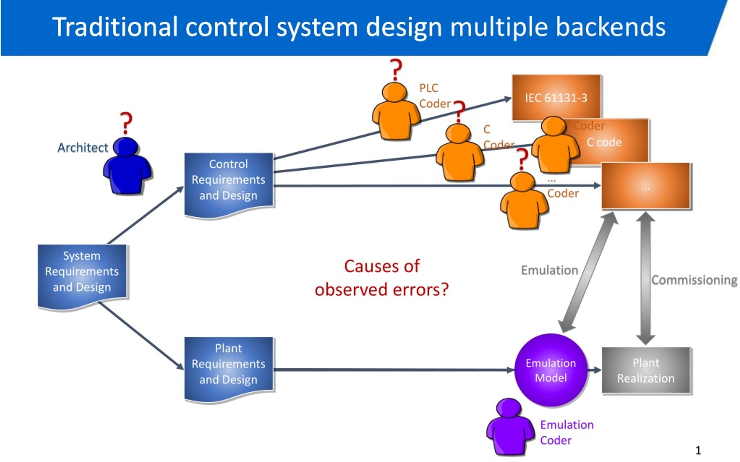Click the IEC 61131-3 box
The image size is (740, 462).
[556, 98]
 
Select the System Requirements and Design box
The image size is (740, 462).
[82, 277]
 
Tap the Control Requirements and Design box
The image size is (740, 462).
[229, 185]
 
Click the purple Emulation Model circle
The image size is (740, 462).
[551, 370]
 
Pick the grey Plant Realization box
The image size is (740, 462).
[646, 370]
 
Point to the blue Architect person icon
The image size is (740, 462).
[127, 165]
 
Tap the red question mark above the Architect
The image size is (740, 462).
[126, 123]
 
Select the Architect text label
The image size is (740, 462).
[83, 148]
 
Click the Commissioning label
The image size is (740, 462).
[694, 280]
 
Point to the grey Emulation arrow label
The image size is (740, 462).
[550, 270]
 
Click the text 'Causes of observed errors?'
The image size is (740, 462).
[382, 278]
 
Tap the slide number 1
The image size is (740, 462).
[698, 450]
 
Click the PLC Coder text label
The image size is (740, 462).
[435, 96]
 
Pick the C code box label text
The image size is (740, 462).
[604, 142]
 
